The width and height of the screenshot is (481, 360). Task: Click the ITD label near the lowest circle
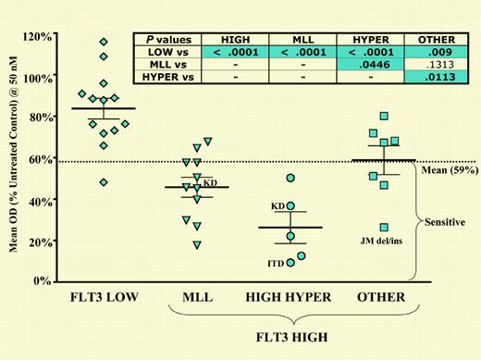click(x=276, y=265)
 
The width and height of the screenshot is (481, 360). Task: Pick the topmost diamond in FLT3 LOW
click(x=104, y=42)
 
